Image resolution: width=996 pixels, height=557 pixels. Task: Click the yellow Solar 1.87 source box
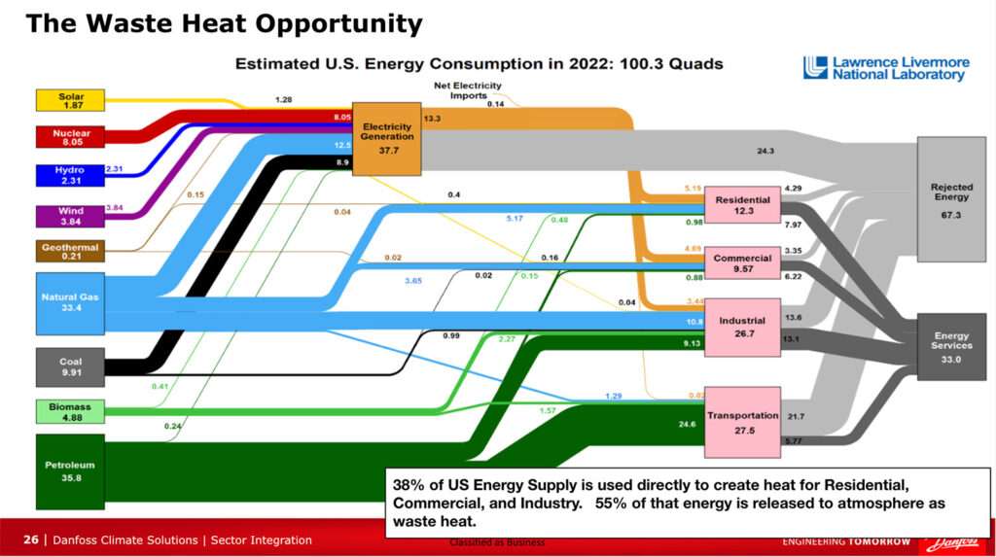[70, 100]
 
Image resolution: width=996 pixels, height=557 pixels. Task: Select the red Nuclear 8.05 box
[70, 135]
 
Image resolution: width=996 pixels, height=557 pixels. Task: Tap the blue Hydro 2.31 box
[70, 175]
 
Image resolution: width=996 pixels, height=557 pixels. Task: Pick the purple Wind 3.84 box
[70, 215]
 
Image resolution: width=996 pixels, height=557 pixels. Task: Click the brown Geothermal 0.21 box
[70, 252]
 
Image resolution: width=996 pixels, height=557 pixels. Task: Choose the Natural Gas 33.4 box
[70, 302]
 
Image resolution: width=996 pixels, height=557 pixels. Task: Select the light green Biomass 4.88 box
[70, 411]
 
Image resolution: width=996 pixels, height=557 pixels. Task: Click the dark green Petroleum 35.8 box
[70, 470]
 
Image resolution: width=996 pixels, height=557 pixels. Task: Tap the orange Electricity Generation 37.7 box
[386, 138]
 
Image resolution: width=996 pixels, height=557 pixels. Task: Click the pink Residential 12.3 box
[743, 205]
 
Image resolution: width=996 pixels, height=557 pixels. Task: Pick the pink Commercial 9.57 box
[743, 263]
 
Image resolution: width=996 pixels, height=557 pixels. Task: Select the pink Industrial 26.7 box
[743, 326]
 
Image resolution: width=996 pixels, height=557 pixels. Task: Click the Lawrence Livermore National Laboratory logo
[886, 68]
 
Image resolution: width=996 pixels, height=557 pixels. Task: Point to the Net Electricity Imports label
[467, 90]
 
